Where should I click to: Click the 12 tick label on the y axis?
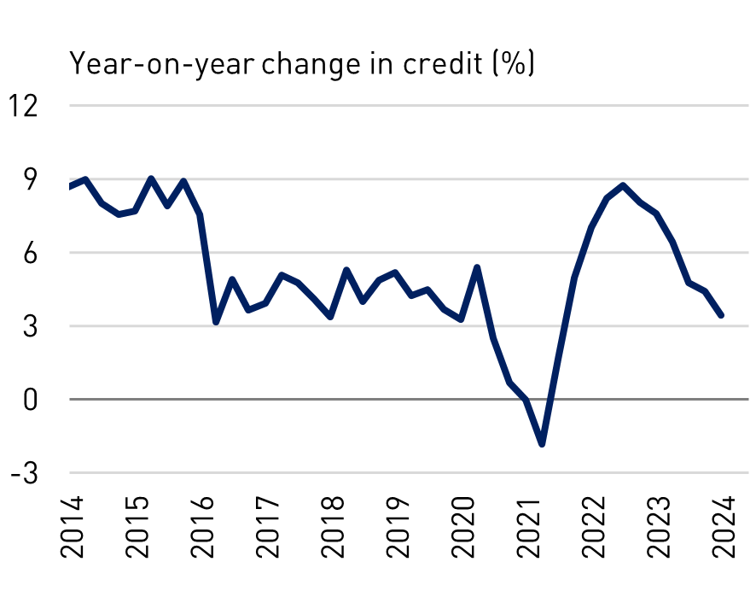click(25, 106)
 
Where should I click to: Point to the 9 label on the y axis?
click(32, 179)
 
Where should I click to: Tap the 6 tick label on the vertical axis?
click(32, 253)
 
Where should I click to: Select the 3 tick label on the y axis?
click(32, 326)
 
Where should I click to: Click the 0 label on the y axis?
click(32, 399)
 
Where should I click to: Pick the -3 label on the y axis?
click(26, 472)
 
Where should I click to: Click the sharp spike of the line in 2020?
click(477, 267)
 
